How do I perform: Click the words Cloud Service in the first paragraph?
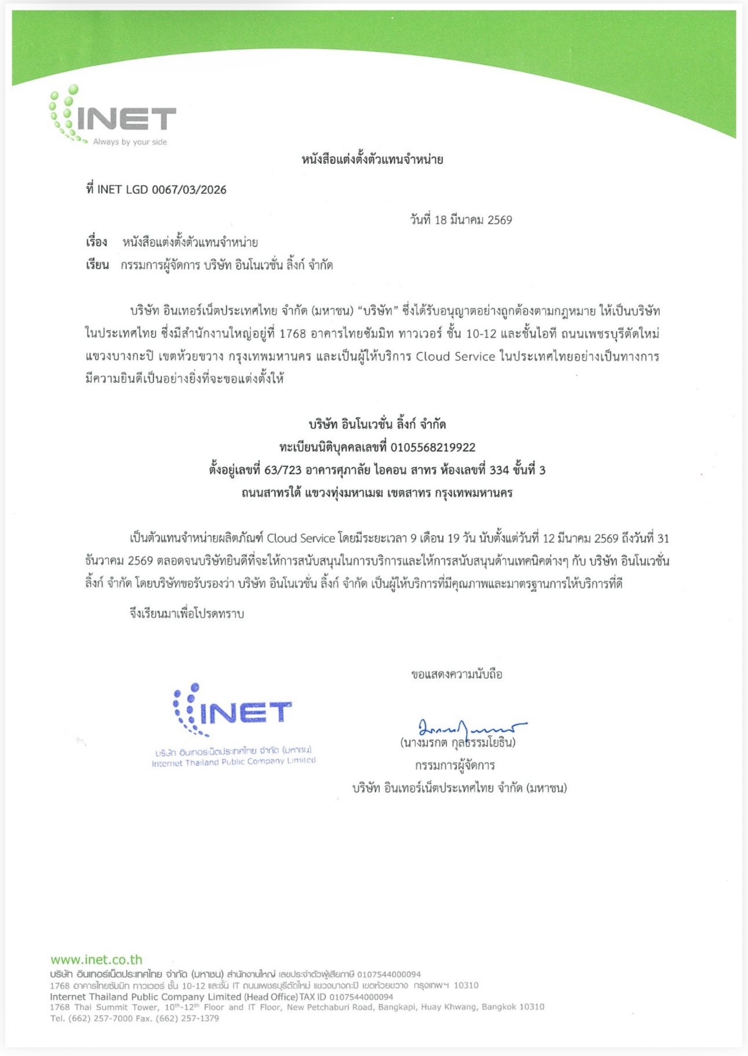coord(455,356)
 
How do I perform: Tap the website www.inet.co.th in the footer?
coord(96,960)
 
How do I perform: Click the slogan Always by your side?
coord(130,142)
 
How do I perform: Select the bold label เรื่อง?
coord(97,242)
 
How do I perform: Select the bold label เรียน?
coord(97,265)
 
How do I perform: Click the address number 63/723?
coord(282,470)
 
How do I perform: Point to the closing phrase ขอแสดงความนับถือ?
coord(456,674)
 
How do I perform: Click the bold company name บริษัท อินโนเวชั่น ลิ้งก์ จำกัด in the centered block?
coord(377,424)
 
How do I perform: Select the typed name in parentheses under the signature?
coord(457,743)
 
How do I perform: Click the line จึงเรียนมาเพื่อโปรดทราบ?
coord(187,613)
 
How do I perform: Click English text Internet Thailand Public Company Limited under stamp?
coord(234,762)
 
